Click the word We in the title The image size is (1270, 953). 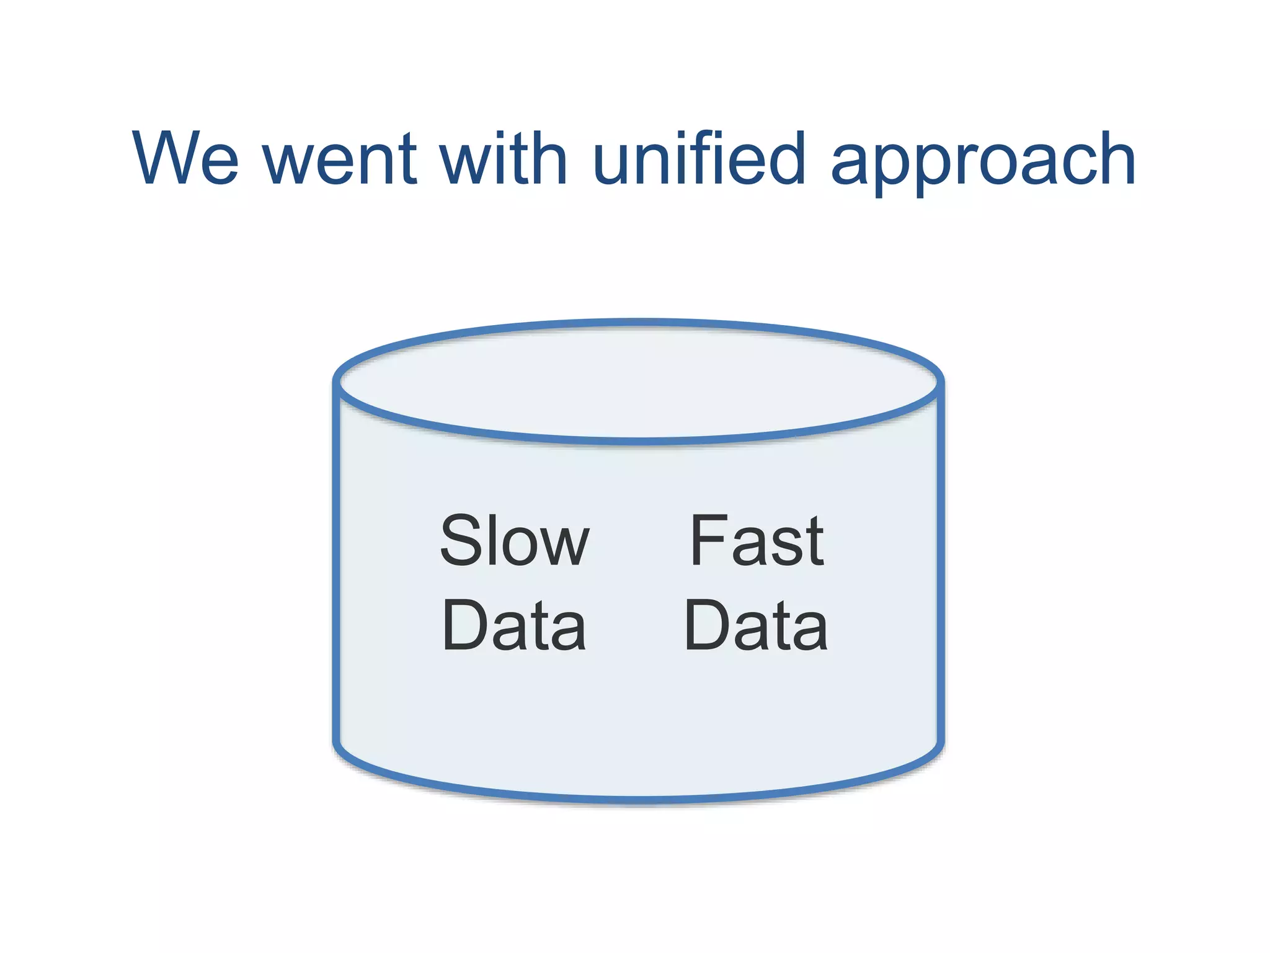(185, 159)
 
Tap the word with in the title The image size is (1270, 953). (502, 159)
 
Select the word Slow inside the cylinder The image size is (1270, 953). (513, 541)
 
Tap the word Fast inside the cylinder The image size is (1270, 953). (757, 541)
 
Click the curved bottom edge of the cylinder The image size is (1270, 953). (639, 800)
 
